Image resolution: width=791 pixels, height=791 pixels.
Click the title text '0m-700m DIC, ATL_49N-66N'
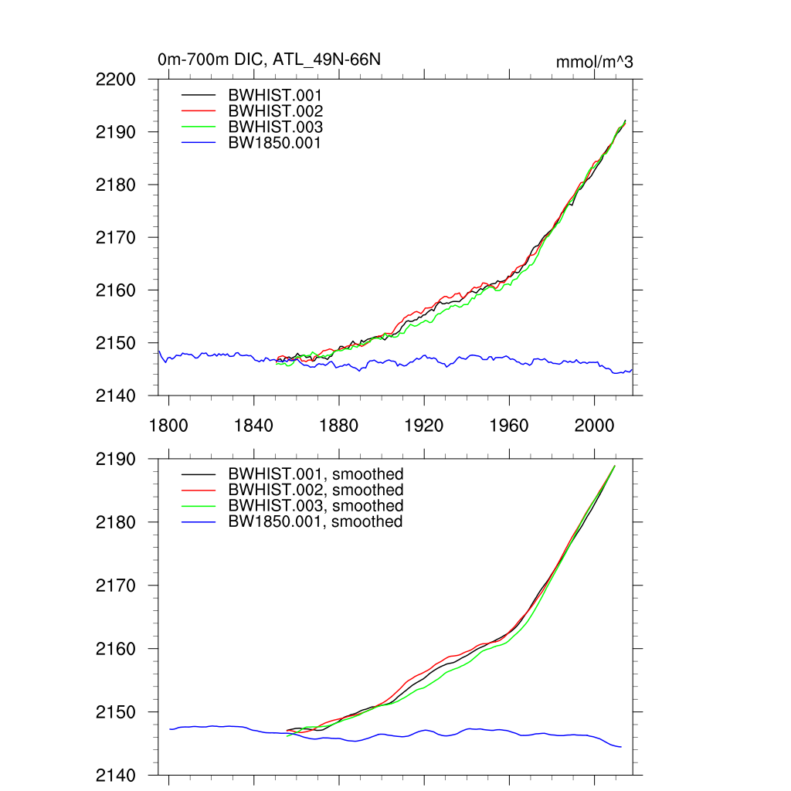pyautogui.click(x=269, y=59)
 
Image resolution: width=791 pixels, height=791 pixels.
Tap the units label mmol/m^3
pyautogui.click(x=594, y=62)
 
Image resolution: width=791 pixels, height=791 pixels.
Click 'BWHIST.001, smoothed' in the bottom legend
pyautogui.click(x=315, y=474)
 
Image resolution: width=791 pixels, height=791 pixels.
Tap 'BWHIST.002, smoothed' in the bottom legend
pyautogui.click(x=315, y=490)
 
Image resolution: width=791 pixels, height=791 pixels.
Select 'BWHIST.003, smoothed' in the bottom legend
pyautogui.click(x=315, y=506)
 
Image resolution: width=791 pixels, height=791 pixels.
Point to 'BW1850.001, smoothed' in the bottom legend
pyautogui.click(x=315, y=521)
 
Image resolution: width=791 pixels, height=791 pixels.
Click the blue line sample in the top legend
pyautogui.click(x=199, y=142)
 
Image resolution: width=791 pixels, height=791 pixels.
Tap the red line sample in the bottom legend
pyautogui.click(x=199, y=490)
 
